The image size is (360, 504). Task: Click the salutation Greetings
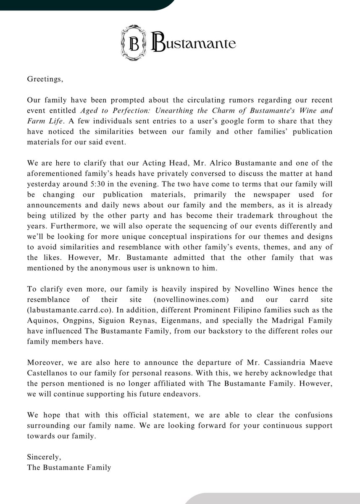point(45,79)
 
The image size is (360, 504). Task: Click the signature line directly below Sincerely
point(69,467)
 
